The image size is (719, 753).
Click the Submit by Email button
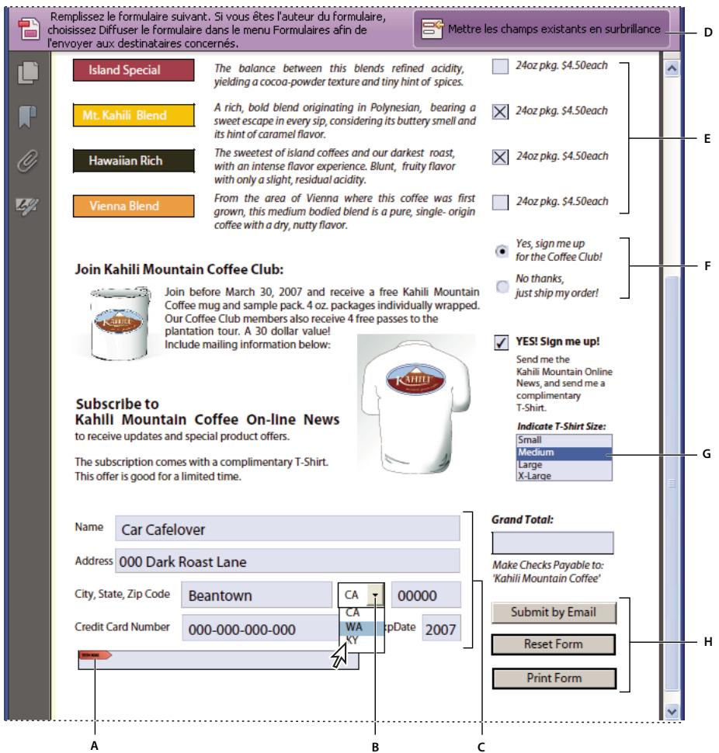554,612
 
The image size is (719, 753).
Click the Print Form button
554,678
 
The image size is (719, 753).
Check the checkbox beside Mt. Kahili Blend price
502,113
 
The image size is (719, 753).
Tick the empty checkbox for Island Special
502,68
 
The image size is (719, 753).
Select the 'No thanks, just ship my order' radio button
502,286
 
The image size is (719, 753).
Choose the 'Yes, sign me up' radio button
502,251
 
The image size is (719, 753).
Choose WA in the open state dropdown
355,626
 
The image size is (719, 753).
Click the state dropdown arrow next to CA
375,595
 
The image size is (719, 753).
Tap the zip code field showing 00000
425,596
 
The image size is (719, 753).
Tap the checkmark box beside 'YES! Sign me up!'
502,342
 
